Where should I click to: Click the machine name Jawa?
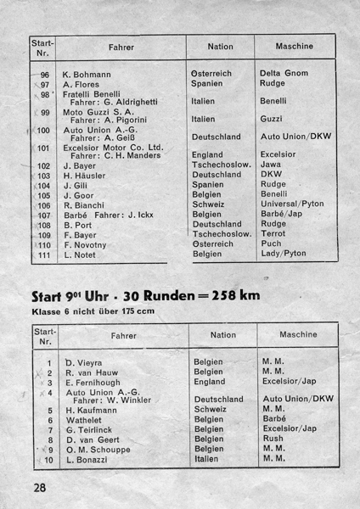coord(273,165)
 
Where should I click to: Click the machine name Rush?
coord(273,439)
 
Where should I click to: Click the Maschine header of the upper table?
coord(294,46)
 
